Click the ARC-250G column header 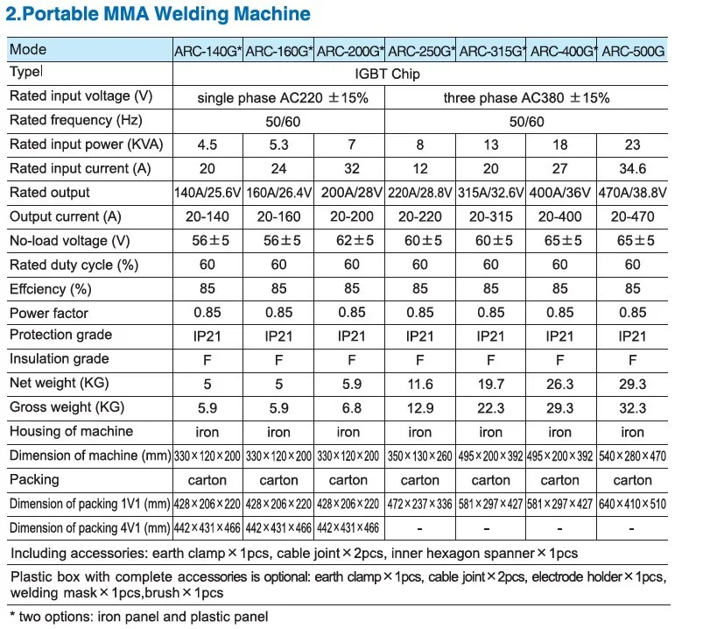point(421,51)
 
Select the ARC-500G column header point(633,51)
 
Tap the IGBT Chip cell point(387,74)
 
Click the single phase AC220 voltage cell point(283,98)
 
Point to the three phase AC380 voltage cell point(526,98)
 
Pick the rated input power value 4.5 point(207,145)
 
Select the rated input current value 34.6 point(633,168)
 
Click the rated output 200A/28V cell point(351,193)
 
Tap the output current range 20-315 point(491,216)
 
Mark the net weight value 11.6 point(420,385)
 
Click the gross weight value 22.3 point(491,408)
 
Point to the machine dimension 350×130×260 point(419,456)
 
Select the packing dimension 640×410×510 point(633,504)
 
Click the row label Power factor point(49,313)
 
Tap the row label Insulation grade point(60,359)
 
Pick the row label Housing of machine point(72,431)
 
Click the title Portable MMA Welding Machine point(158,14)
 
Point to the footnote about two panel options point(139,617)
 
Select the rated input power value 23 point(633,145)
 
